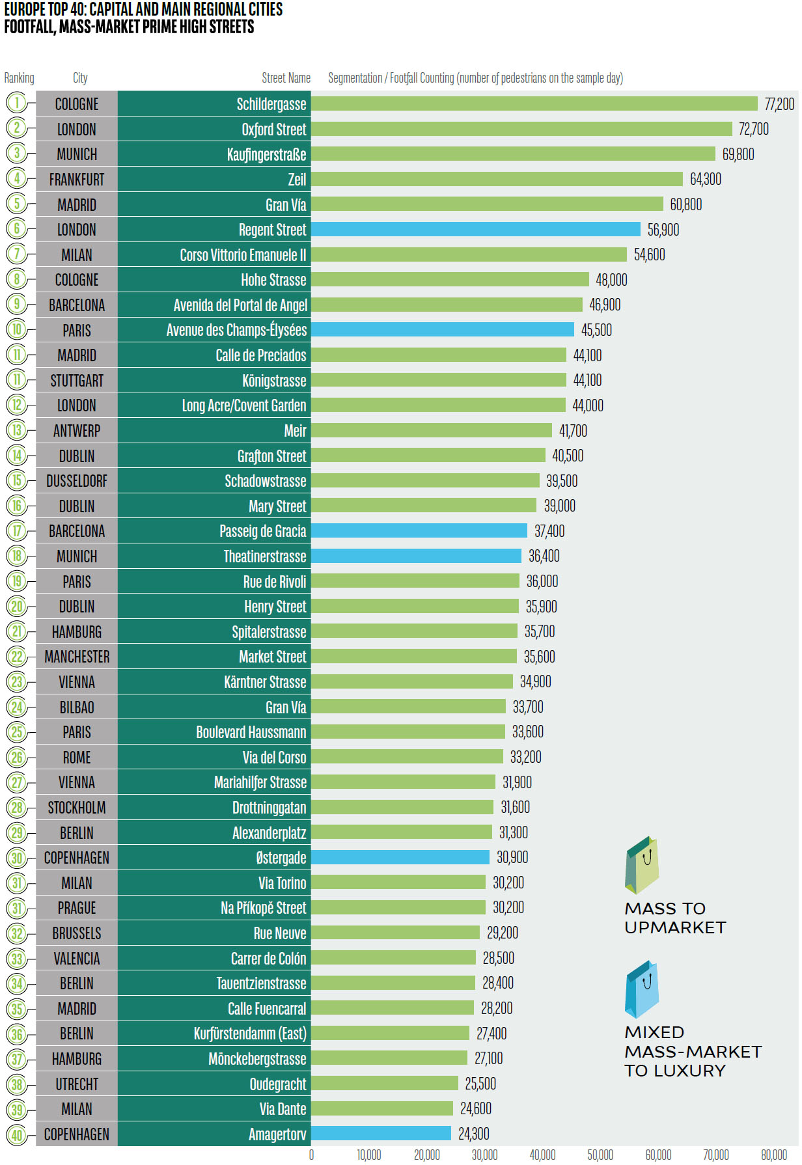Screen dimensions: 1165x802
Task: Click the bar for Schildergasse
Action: (x=534, y=103)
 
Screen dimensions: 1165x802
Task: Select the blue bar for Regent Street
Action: (x=475, y=229)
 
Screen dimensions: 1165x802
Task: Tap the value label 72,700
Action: (x=753, y=129)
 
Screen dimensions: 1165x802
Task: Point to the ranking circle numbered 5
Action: (x=17, y=204)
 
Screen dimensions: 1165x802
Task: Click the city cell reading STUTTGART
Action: (x=77, y=380)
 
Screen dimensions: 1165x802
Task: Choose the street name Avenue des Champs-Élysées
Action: (x=236, y=330)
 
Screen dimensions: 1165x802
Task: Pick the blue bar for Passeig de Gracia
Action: (x=419, y=530)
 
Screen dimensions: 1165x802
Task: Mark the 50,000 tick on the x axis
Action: (x=600, y=1155)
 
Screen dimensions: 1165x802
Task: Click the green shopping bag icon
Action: (x=642, y=865)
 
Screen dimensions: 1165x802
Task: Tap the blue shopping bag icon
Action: (x=642, y=989)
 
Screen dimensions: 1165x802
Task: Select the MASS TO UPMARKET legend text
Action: (x=674, y=918)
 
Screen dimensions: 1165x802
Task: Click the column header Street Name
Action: (x=286, y=78)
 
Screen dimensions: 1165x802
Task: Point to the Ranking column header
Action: (x=19, y=78)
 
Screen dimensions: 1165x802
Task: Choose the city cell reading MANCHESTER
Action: (x=77, y=657)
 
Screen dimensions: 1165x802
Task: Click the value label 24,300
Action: (x=473, y=1134)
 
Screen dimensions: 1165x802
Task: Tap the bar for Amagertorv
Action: (x=381, y=1133)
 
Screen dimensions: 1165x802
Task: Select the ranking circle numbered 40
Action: (x=17, y=1135)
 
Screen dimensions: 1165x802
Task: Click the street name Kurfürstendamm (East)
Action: (x=250, y=1034)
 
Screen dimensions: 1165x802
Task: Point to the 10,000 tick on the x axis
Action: (x=368, y=1155)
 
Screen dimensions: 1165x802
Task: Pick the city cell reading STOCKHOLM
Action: (x=77, y=808)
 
